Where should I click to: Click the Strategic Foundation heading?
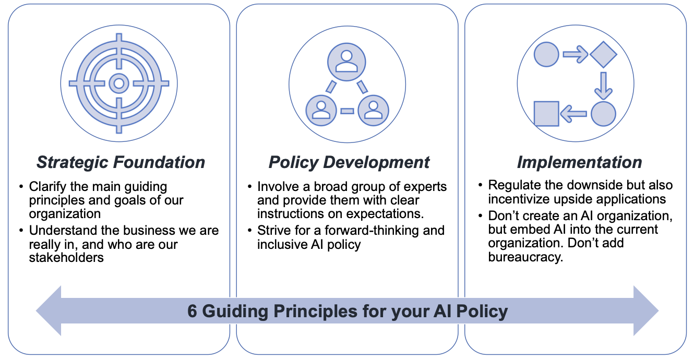point(121,162)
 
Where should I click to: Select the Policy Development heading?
point(349,162)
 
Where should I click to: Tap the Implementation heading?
point(579,162)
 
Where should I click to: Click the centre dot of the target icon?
point(119,83)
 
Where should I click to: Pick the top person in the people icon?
point(346,62)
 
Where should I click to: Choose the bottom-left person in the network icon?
point(321,110)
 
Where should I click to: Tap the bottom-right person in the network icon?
point(373,110)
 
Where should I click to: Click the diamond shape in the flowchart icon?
point(603,55)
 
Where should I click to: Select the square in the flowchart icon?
point(546,114)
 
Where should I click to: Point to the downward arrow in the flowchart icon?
point(603,86)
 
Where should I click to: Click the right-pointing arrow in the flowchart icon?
point(576,55)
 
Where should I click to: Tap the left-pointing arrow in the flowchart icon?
point(573,114)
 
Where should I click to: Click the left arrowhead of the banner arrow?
point(49,310)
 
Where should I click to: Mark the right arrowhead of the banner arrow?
point(646,310)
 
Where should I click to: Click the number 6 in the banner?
point(192,311)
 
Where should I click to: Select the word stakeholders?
point(66,257)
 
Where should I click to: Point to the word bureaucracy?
point(525,257)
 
